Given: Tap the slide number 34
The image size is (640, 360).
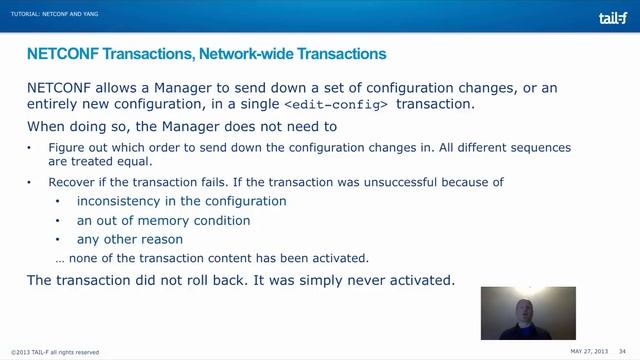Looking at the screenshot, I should pos(622,351).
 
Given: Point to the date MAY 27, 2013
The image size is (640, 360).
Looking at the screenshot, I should pos(590,351).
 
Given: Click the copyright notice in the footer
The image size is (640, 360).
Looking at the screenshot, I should pos(55,352).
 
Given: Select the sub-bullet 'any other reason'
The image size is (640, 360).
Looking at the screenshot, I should pos(130,239).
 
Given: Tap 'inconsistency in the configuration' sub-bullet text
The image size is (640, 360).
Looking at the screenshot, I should pos(167,201).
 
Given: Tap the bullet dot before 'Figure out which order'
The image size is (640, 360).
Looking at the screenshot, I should pos(30,148).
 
